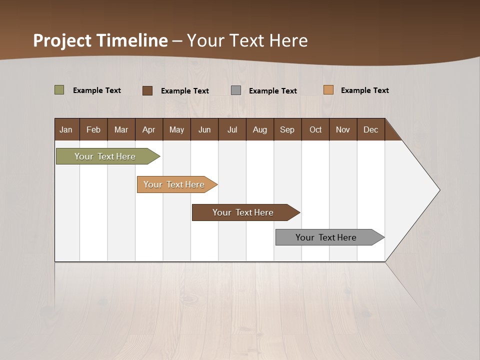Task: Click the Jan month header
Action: click(66, 129)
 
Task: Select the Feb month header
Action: click(93, 129)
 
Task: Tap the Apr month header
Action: click(148, 129)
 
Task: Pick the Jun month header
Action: click(204, 129)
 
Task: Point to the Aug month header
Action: click(259, 129)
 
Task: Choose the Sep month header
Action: click(287, 129)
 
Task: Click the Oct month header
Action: click(315, 129)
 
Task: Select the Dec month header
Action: click(370, 129)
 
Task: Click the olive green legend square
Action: click(59, 90)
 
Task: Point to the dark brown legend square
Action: click(147, 90)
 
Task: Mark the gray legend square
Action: click(236, 90)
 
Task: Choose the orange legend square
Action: click(328, 90)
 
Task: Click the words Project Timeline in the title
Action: click(100, 40)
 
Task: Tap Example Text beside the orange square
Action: click(364, 90)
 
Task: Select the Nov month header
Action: click(342, 129)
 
